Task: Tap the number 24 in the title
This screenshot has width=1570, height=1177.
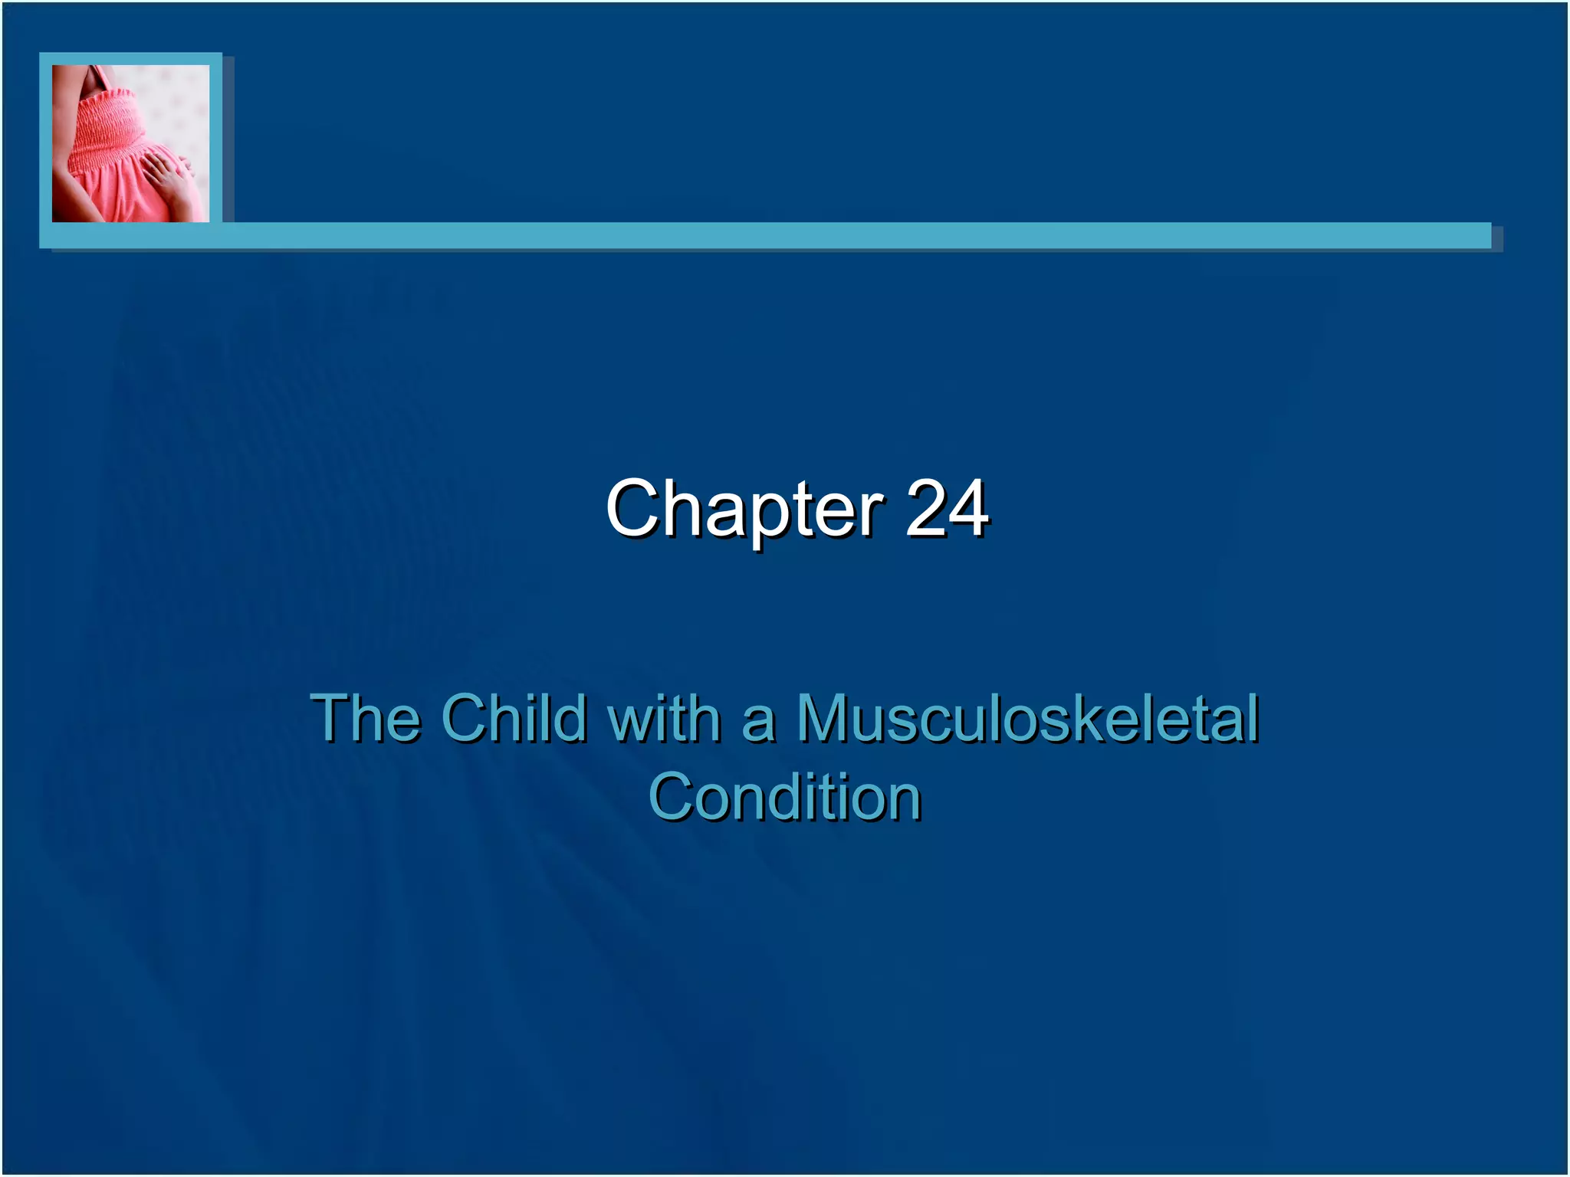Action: point(947,508)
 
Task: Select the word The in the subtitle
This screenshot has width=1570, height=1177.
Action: point(366,718)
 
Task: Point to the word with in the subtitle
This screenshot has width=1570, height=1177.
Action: point(664,718)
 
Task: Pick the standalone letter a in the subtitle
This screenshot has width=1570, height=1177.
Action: point(758,724)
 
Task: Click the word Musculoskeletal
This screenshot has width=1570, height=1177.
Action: point(1028,718)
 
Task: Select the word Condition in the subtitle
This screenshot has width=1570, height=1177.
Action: point(784,798)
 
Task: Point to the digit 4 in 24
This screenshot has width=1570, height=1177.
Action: point(967,508)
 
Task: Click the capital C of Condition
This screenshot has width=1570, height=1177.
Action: point(671,798)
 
